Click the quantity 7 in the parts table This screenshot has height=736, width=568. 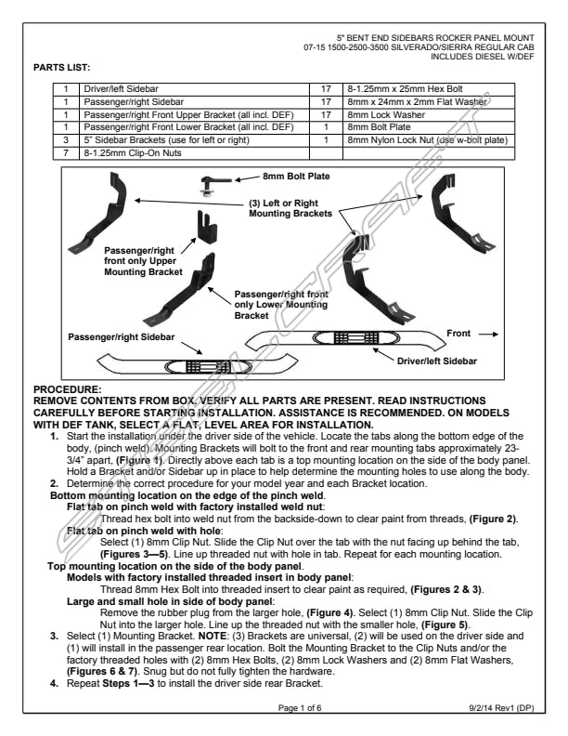click(67, 151)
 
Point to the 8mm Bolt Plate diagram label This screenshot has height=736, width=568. click(296, 175)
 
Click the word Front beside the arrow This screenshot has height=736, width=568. click(458, 333)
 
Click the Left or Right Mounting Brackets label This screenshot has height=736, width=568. click(290, 208)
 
